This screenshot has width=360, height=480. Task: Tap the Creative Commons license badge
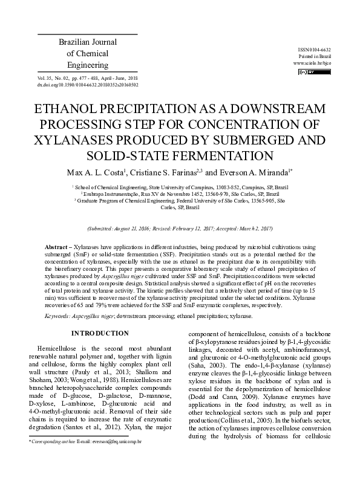click(307, 72)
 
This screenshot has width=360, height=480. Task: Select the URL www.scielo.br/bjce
click(312, 63)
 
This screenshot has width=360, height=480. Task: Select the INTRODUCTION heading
click(100, 333)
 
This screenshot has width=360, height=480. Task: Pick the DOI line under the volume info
click(88, 85)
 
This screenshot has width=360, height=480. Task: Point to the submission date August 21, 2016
click(135, 229)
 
